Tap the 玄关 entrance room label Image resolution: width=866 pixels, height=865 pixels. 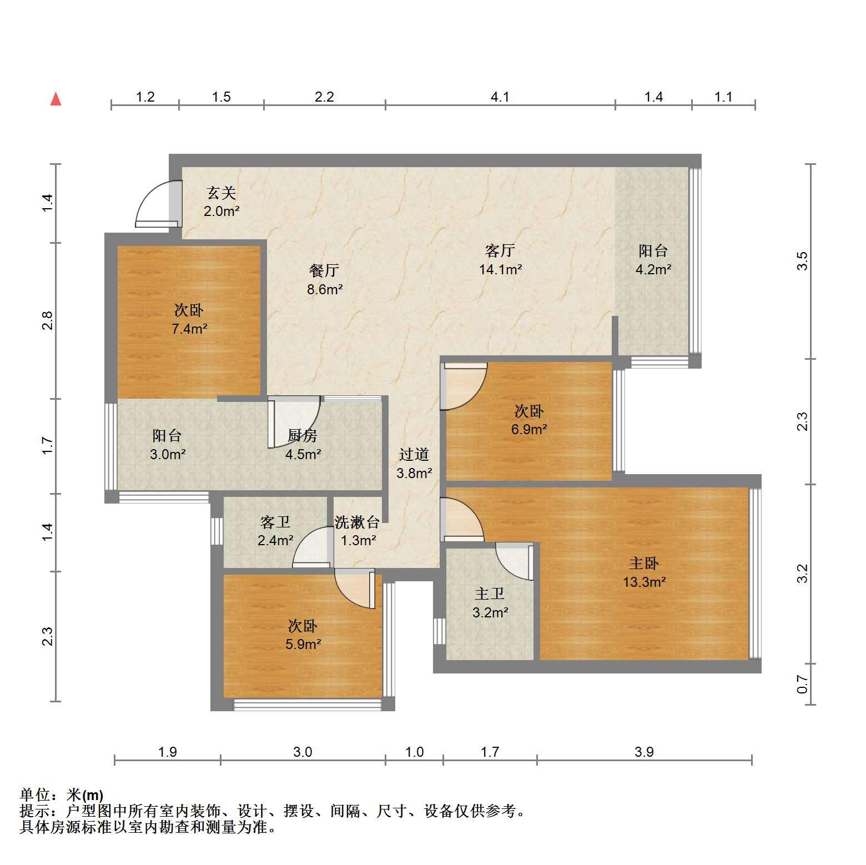pos(221,193)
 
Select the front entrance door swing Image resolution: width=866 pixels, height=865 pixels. pos(158,204)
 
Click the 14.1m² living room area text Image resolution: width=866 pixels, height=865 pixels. pos(500,270)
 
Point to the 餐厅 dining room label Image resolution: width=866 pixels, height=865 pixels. pos(324,270)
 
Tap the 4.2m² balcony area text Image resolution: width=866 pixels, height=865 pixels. pos(653,270)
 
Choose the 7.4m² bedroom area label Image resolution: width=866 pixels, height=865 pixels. pos(189,329)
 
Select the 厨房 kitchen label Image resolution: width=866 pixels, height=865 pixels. pos(303,436)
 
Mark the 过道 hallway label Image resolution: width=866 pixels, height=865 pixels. pos(414,455)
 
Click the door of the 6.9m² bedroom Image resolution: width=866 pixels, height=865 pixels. pos(464,386)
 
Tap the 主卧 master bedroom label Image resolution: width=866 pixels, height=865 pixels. pos(643,564)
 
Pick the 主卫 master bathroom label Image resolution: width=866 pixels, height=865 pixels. pos(490,594)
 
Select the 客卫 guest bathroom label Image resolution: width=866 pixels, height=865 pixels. pos(275,522)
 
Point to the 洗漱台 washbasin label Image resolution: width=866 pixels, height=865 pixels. pos(358,522)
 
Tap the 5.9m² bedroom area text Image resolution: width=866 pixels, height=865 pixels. pos(303,645)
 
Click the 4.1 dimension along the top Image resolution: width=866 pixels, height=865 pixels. pos(500,97)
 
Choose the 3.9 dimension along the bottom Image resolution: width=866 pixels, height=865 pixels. pos(644,752)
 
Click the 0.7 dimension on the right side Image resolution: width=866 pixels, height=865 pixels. pos(802,684)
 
